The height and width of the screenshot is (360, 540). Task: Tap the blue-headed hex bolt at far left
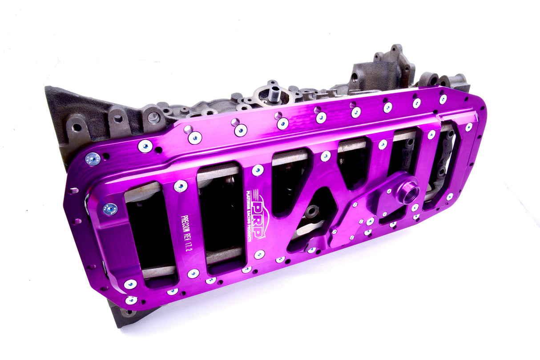point(93,159)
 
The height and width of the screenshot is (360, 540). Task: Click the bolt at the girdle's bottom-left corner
point(131,300)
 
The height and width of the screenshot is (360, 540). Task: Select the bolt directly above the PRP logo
point(258,170)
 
